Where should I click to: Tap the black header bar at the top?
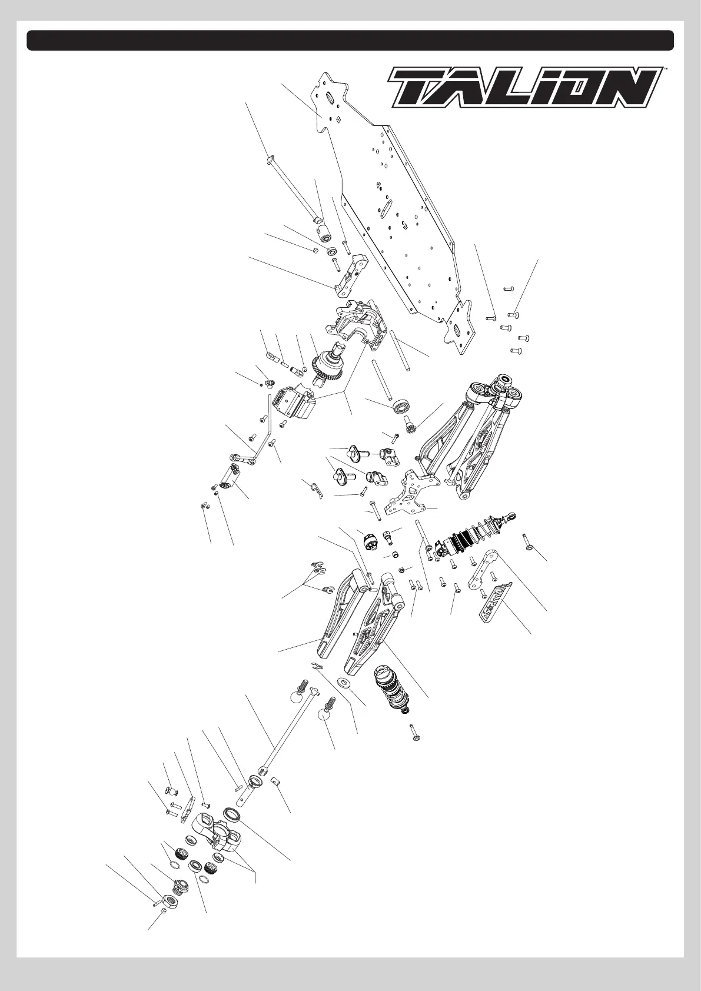(x=350, y=40)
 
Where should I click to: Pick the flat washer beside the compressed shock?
(x=343, y=682)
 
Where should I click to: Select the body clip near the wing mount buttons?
(x=317, y=488)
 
